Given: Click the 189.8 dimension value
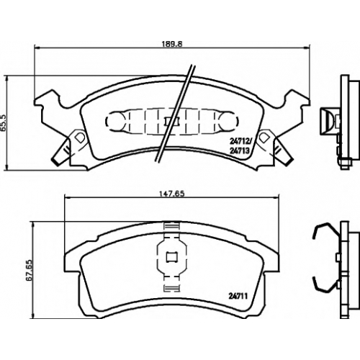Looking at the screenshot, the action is click(172, 44).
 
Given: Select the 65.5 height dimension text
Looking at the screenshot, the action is click(4, 122).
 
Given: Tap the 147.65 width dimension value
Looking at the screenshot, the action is click(172, 194).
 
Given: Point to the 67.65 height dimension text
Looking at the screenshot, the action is click(30, 270).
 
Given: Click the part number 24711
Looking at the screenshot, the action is click(238, 297).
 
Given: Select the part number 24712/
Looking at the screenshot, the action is click(240, 142).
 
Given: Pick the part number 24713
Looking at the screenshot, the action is click(240, 150).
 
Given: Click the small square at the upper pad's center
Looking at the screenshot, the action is click(172, 122).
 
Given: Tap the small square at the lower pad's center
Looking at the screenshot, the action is click(172, 257).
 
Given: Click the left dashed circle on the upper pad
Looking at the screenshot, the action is click(114, 121).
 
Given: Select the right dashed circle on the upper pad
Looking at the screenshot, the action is click(230, 121).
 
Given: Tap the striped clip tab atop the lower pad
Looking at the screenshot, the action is click(172, 227).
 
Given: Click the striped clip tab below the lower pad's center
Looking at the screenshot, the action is click(172, 288).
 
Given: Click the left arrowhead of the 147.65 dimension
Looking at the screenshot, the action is click(68, 197).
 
